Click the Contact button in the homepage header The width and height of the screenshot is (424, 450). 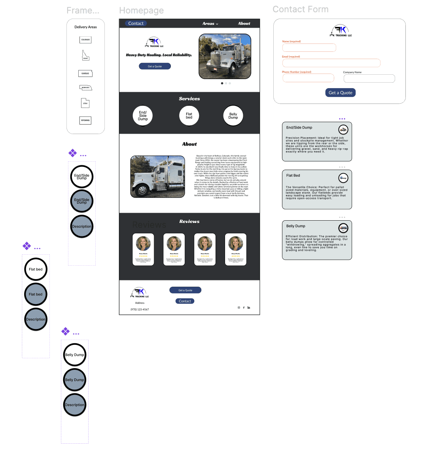136,23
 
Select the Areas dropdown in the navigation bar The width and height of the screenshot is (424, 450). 210,24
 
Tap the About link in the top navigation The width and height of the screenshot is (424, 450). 244,23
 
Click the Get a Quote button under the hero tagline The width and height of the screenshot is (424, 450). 155,66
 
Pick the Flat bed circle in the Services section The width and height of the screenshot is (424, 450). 189,115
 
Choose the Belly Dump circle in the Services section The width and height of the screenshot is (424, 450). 233,115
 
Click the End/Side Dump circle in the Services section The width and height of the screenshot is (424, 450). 143,115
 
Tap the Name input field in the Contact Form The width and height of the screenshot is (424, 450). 309,48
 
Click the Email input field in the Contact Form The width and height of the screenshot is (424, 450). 331,63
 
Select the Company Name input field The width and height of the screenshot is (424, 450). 369,78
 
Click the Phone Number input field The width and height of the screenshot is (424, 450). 308,78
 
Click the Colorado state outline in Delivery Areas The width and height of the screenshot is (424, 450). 85,40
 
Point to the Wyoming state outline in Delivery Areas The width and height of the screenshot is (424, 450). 85,120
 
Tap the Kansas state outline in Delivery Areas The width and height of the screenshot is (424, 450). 85,74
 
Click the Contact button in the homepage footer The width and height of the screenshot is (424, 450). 185,301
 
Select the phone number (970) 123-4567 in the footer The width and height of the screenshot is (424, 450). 140,309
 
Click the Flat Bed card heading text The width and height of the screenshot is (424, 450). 293,176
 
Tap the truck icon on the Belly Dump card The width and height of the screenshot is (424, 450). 343,228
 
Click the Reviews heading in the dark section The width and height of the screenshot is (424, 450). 189,221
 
